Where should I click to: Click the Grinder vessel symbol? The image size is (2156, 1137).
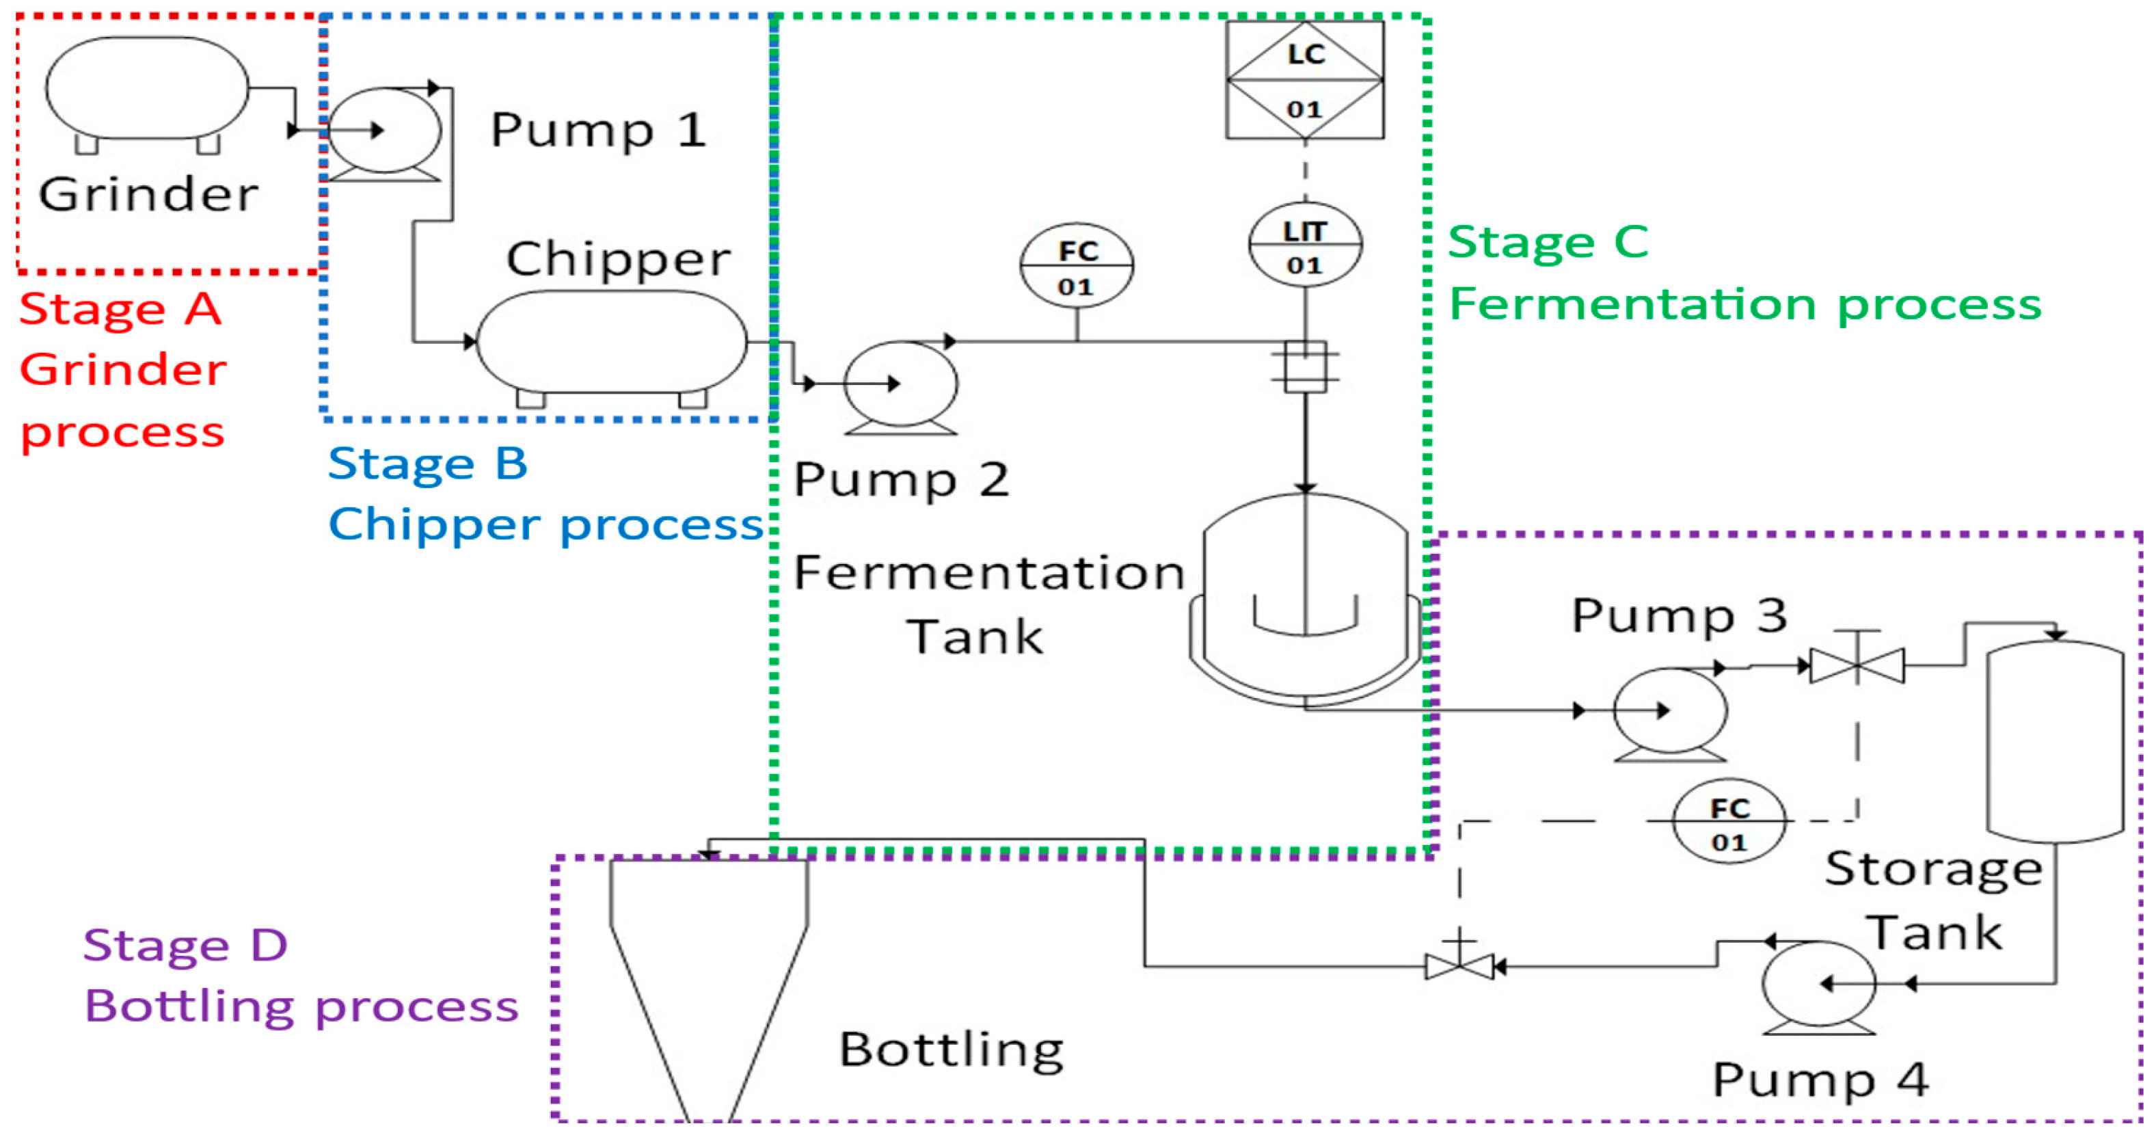(x=146, y=88)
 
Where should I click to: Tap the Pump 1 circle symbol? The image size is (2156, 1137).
(x=384, y=131)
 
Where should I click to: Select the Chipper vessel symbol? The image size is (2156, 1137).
(x=611, y=342)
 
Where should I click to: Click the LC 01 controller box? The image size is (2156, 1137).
(x=1304, y=79)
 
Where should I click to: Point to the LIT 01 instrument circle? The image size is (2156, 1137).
(x=1304, y=245)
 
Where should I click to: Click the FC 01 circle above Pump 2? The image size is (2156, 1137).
(x=1077, y=265)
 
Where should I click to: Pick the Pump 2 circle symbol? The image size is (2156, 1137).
(x=900, y=384)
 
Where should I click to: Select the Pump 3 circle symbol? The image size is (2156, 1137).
(x=1670, y=710)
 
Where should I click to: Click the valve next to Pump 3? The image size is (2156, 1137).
(x=1857, y=666)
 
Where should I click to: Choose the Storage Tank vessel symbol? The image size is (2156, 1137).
(x=2055, y=741)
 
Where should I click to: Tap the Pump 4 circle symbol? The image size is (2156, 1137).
(x=1818, y=984)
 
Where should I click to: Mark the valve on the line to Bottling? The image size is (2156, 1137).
(x=1459, y=967)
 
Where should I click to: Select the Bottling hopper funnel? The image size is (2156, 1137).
(x=709, y=980)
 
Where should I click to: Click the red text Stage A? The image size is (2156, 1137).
(x=120, y=309)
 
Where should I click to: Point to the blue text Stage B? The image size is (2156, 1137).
(x=428, y=464)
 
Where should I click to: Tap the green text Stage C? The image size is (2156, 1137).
(x=1548, y=243)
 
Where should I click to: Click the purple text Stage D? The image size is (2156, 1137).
(x=185, y=946)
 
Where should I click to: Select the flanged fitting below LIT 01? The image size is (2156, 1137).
(x=1304, y=366)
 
